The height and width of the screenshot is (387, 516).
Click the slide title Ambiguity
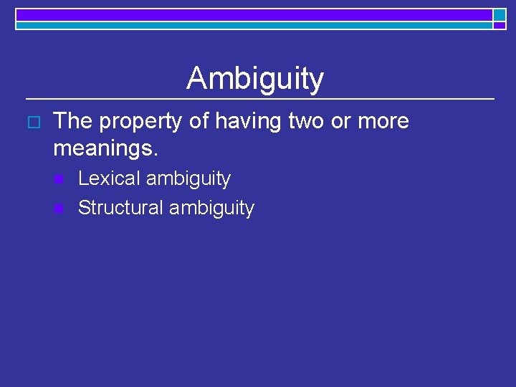click(x=255, y=79)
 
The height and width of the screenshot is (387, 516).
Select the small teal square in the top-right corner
click(x=500, y=14)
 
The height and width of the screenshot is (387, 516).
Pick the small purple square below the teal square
click(x=500, y=25)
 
